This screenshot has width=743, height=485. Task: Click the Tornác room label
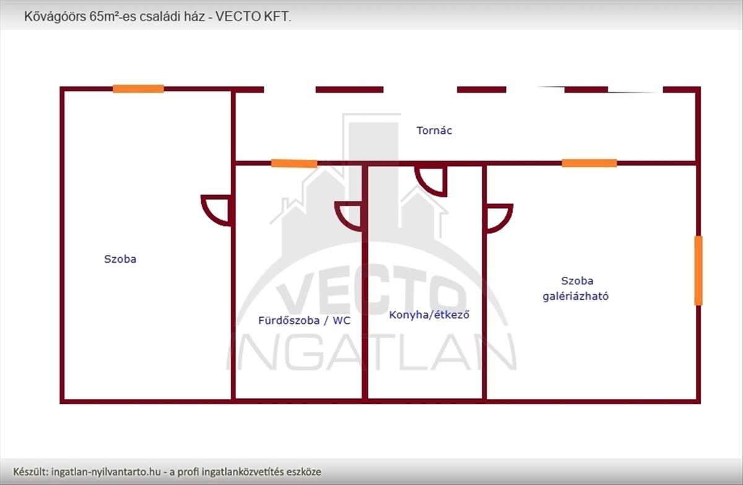tap(434, 131)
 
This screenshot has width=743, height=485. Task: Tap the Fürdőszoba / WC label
tap(295, 321)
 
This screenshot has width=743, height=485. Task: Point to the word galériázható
tap(575, 296)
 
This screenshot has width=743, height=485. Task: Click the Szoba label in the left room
tap(120, 259)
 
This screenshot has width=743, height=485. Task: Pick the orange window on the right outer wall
tap(698, 271)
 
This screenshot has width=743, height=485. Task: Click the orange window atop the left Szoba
tap(138, 89)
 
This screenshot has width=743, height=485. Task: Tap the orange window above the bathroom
tap(294, 164)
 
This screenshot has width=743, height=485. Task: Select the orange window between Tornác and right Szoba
tap(589, 163)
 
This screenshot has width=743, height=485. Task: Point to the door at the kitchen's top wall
tap(432, 180)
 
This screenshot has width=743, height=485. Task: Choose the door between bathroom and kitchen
tap(349, 215)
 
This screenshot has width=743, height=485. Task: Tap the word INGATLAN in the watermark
tap(371, 353)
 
